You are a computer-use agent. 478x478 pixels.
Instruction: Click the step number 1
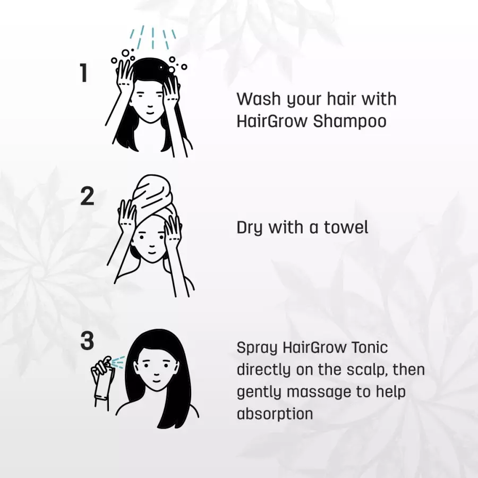pos(83,73)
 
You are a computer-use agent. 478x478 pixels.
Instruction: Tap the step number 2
pos(87,197)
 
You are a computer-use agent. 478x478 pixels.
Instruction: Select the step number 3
pos(87,341)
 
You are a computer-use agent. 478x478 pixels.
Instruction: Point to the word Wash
pos(259,99)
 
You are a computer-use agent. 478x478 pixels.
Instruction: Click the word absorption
pos(275,414)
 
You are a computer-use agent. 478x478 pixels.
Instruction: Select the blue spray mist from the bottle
pos(118,362)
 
